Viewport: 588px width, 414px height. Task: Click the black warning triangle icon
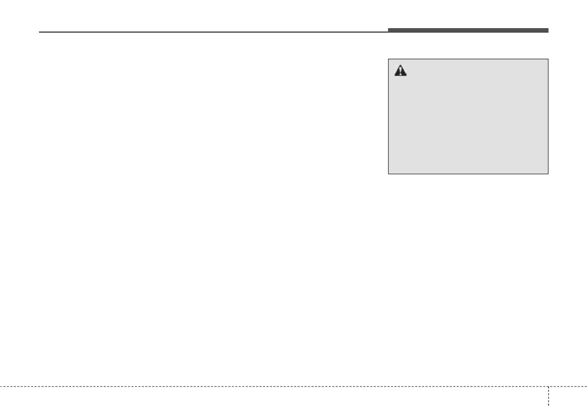coord(400,72)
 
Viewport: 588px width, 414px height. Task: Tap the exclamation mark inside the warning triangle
coord(400,72)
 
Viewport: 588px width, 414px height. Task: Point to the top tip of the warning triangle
coord(400,67)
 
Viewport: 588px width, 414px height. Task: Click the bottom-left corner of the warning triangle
coord(394,76)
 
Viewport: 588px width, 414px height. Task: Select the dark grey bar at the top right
coord(468,31)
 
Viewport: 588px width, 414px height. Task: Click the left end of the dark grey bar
coord(389,31)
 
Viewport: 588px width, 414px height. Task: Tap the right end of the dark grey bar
coord(548,31)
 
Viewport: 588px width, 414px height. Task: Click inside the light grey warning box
coord(468,123)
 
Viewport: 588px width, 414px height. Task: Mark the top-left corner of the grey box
coord(389,59)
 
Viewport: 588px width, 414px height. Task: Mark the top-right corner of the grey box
coord(548,59)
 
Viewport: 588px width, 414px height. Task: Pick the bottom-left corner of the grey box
coord(389,174)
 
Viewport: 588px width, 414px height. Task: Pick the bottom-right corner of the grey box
coord(548,174)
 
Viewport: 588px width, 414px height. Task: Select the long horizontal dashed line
coord(272,386)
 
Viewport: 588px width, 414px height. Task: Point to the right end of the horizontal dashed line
coord(587,386)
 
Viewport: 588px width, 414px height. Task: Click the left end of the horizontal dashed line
coord(1,386)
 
